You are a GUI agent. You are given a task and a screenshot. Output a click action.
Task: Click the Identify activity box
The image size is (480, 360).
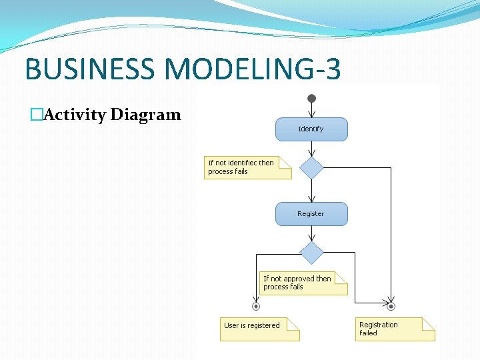pos(311,129)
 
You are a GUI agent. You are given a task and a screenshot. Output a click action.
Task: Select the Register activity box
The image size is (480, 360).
pos(311,214)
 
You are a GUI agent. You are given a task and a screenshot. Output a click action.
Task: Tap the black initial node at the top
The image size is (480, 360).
pos(311,99)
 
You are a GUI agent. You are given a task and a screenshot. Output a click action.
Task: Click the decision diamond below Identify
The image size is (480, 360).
pos(311,168)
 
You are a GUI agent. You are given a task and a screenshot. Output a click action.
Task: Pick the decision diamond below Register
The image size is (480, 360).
pos(311,253)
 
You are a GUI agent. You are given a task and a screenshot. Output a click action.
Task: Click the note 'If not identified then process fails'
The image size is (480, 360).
pos(247,167)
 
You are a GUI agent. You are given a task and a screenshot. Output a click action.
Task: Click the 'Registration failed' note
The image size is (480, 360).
pos(394,329)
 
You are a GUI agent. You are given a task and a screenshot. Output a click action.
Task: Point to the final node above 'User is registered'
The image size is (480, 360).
pos(255,307)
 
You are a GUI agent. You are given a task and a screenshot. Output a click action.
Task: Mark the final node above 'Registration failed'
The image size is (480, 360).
pos(391,307)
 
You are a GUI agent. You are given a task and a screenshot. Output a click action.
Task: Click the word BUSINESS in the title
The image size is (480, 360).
pos(87,69)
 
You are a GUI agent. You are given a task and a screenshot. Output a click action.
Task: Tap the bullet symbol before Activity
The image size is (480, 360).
pos(36,115)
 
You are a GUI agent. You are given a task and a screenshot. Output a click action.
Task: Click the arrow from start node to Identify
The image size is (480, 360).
pos(311,111)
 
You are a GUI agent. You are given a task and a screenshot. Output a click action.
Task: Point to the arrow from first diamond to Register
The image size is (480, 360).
pos(311,191)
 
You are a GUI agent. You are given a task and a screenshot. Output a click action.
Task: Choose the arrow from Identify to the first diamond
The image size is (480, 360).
pos(311,149)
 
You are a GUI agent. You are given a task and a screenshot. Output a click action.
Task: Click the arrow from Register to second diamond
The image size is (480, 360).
pos(311,233)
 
